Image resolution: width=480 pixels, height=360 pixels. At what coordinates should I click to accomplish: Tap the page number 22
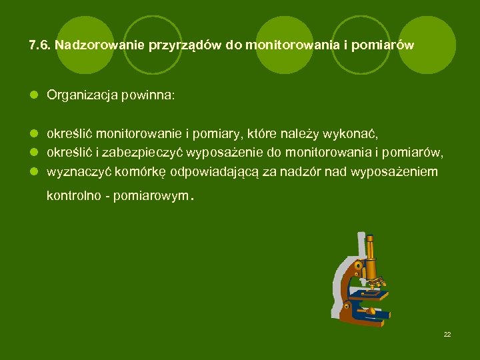coord(447,334)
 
